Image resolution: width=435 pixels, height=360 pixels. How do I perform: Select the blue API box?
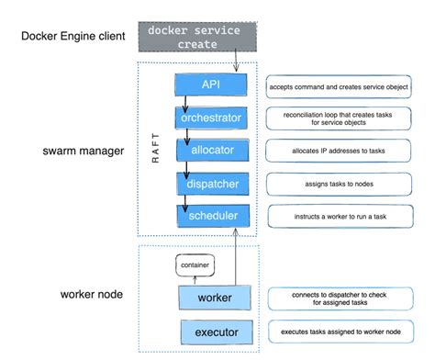pyautogui.click(x=211, y=85)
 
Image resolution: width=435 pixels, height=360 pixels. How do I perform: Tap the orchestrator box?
pyautogui.click(x=211, y=118)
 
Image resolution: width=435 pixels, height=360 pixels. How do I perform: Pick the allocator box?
pyautogui.click(x=211, y=151)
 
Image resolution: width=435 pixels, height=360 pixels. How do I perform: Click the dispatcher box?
pyautogui.click(x=211, y=184)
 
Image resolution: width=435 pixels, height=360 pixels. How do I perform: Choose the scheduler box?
pyautogui.click(x=211, y=216)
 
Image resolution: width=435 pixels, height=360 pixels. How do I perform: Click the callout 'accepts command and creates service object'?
pyautogui.click(x=339, y=86)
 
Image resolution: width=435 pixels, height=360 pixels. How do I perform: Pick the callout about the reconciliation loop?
pyautogui.click(x=339, y=118)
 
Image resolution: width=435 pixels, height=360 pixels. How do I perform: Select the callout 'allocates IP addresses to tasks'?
pyautogui.click(x=339, y=151)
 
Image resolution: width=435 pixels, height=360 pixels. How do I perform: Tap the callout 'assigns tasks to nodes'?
pyautogui.click(x=339, y=184)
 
